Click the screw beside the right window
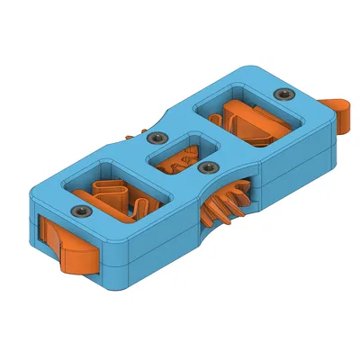point(285,94)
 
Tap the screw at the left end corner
point(79,211)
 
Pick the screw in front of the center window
point(208,167)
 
